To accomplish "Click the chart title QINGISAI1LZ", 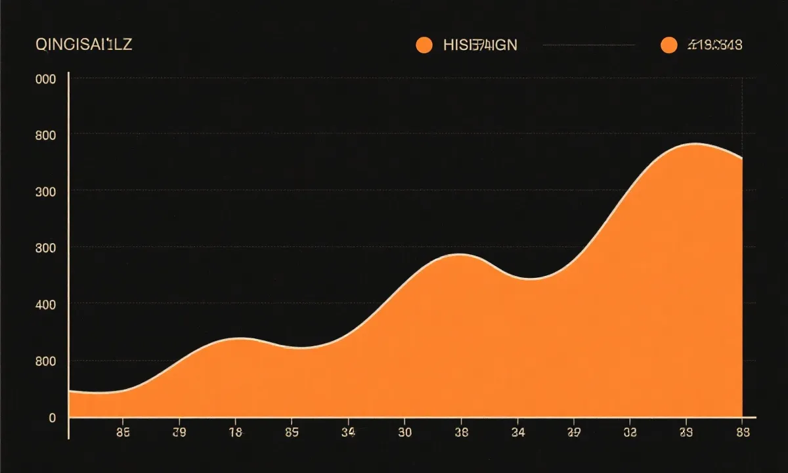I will pyautogui.click(x=83, y=45).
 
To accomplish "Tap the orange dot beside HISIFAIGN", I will pyautogui.click(x=424, y=45).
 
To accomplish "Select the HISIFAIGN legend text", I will pyautogui.click(x=480, y=45).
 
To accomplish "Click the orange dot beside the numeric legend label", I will pyautogui.click(x=668, y=45).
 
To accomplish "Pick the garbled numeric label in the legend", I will pyautogui.click(x=714, y=45).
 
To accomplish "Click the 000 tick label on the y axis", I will pyautogui.click(x=46, y=79).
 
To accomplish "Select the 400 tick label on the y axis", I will pyautogui.click(x=46, y=304).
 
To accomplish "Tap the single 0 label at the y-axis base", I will pyautogui.click(x=53, y=417).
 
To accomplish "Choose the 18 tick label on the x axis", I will pyautogui.click(x=235, y=432).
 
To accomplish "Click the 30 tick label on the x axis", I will pyautogui.click(x=405, y=432).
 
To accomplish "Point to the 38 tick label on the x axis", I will pyautogui.click(x=461, y=432).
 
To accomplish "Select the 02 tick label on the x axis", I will pyautogui.click(x=630, y=432).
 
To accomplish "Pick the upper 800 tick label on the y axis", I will pyautogui.click(x=46, y=135).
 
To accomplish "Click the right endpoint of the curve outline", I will pyautogui.click(x=742, y=159).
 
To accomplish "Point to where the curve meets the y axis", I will pyautogui.click(x=70, y=392).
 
